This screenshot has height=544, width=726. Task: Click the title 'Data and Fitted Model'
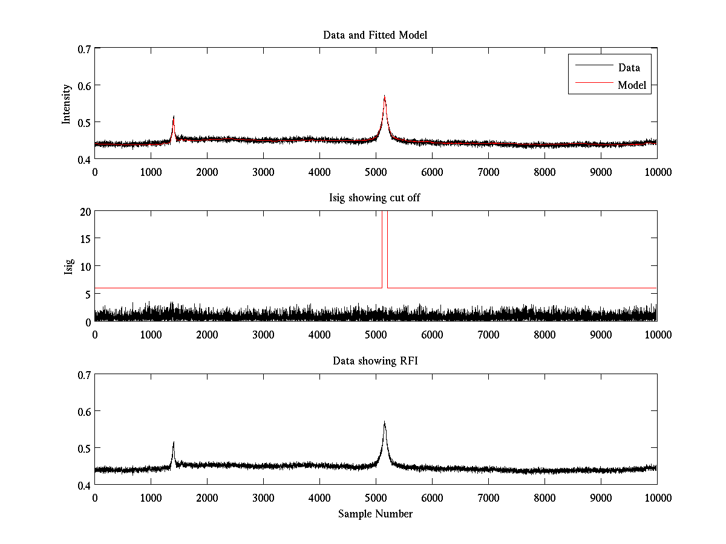click(x=375, y=35)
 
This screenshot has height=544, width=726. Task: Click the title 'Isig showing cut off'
click(x=375, y=198)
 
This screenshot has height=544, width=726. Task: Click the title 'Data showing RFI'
click(x=375, y=361)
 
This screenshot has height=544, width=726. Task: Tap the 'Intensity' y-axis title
click(x=67, y=103)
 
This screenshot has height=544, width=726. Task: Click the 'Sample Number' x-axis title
click(x=375, y=514)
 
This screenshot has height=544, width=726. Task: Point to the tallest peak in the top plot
click(x=384, y=97)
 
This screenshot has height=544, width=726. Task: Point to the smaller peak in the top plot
click(x=174, y=117)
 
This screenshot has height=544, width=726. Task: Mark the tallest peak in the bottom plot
click(x=384, y=423)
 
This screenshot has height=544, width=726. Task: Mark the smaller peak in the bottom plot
click(x=174, y=443)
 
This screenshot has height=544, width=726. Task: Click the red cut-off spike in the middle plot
click(x=385, y=248)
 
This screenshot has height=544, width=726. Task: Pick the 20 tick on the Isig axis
click(x=84, y=212)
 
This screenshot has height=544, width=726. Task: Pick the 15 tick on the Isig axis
click(x=84, y=239)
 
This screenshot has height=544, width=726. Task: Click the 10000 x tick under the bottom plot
click(x=657, y=497)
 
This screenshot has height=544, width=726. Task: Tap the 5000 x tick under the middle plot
click(x=376, y=334)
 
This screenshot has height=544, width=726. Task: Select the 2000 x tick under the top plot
click(x=207, y=172)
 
